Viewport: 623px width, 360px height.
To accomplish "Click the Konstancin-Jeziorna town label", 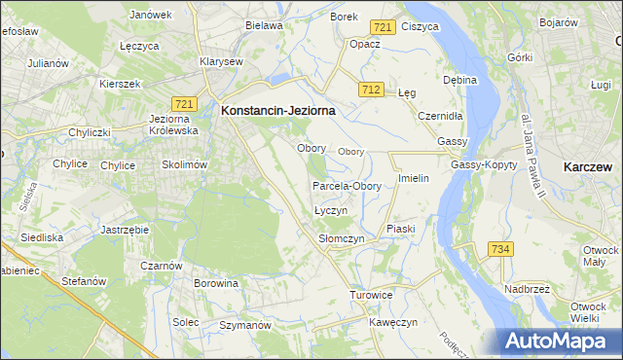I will [278, 111].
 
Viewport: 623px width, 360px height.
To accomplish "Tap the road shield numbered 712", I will [369, 90].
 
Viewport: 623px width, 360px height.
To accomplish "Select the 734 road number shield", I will [500, 249].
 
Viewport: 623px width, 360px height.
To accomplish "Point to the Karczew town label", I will [587, 167].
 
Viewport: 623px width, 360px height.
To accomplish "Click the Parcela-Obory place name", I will [347, 186].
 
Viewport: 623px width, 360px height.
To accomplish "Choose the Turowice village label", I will [371, 294].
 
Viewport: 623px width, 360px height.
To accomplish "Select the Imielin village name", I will [414, 179].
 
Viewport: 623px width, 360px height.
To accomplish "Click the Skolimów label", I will [185, 164].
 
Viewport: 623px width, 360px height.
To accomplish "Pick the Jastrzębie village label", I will [124, 230].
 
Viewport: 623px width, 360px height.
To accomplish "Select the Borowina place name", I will [216, 283].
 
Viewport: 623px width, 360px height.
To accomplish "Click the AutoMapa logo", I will [557, 341].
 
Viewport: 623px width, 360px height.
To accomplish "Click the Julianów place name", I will [49, 63].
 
